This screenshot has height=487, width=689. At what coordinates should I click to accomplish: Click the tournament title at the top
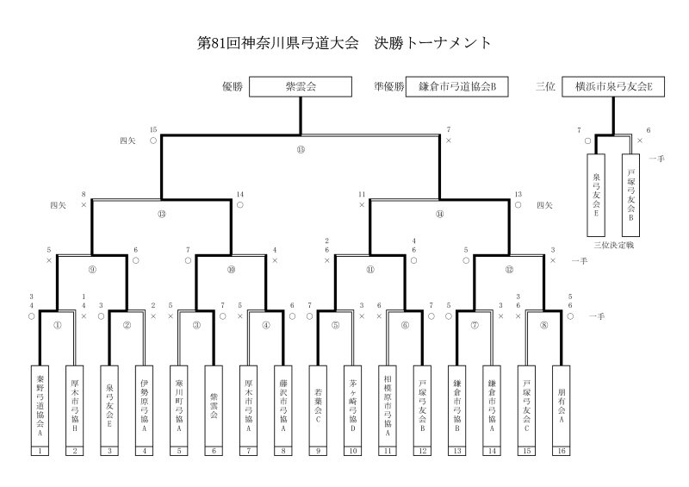coord(344,42)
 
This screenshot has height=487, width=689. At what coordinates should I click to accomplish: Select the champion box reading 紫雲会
coord(301,86)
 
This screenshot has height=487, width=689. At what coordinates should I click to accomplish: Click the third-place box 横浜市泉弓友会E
coord(614,86)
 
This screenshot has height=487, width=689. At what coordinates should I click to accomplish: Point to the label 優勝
coord(233,86)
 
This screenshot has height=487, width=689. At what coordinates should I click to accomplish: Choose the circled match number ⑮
coord(301,149)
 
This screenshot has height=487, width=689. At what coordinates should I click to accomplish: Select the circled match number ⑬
coord(162,214)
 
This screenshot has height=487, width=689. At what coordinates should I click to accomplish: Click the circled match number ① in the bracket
coord(57,325)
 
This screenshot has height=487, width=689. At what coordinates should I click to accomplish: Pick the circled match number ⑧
coord(543,325)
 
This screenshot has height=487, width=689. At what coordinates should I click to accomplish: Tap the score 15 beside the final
coord(153,129)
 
